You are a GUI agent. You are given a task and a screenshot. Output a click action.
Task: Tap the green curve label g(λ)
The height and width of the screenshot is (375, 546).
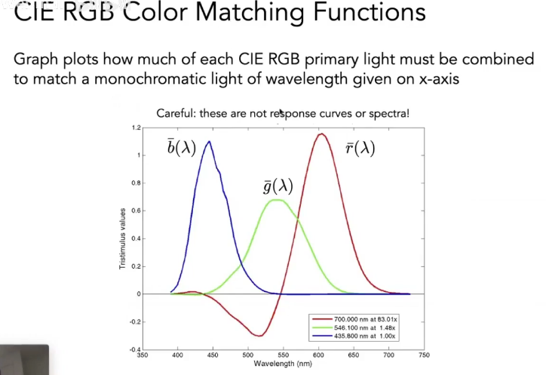click(x=278, y=186)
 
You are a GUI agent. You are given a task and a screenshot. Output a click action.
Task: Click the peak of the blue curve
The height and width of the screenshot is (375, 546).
click(x=209, y=141)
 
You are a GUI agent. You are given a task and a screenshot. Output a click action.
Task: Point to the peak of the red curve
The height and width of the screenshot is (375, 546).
click(x=322, y=134)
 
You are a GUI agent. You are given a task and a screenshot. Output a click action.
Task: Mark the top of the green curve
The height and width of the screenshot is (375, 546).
click(x=278, y=200)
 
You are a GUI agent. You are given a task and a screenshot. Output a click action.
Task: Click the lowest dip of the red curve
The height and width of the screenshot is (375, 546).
click(x=259, y=336)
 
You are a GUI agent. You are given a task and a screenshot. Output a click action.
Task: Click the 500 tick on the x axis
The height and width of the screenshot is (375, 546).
click(x=248, y=353)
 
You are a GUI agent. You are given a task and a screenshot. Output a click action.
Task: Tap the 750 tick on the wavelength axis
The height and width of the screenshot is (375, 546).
click(x=424, y=353)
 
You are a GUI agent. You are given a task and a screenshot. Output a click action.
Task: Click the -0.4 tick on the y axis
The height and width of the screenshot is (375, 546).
click(x=134, y=349)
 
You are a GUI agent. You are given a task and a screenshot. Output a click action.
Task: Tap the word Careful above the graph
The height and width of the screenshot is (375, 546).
click(x=174, y=113)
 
